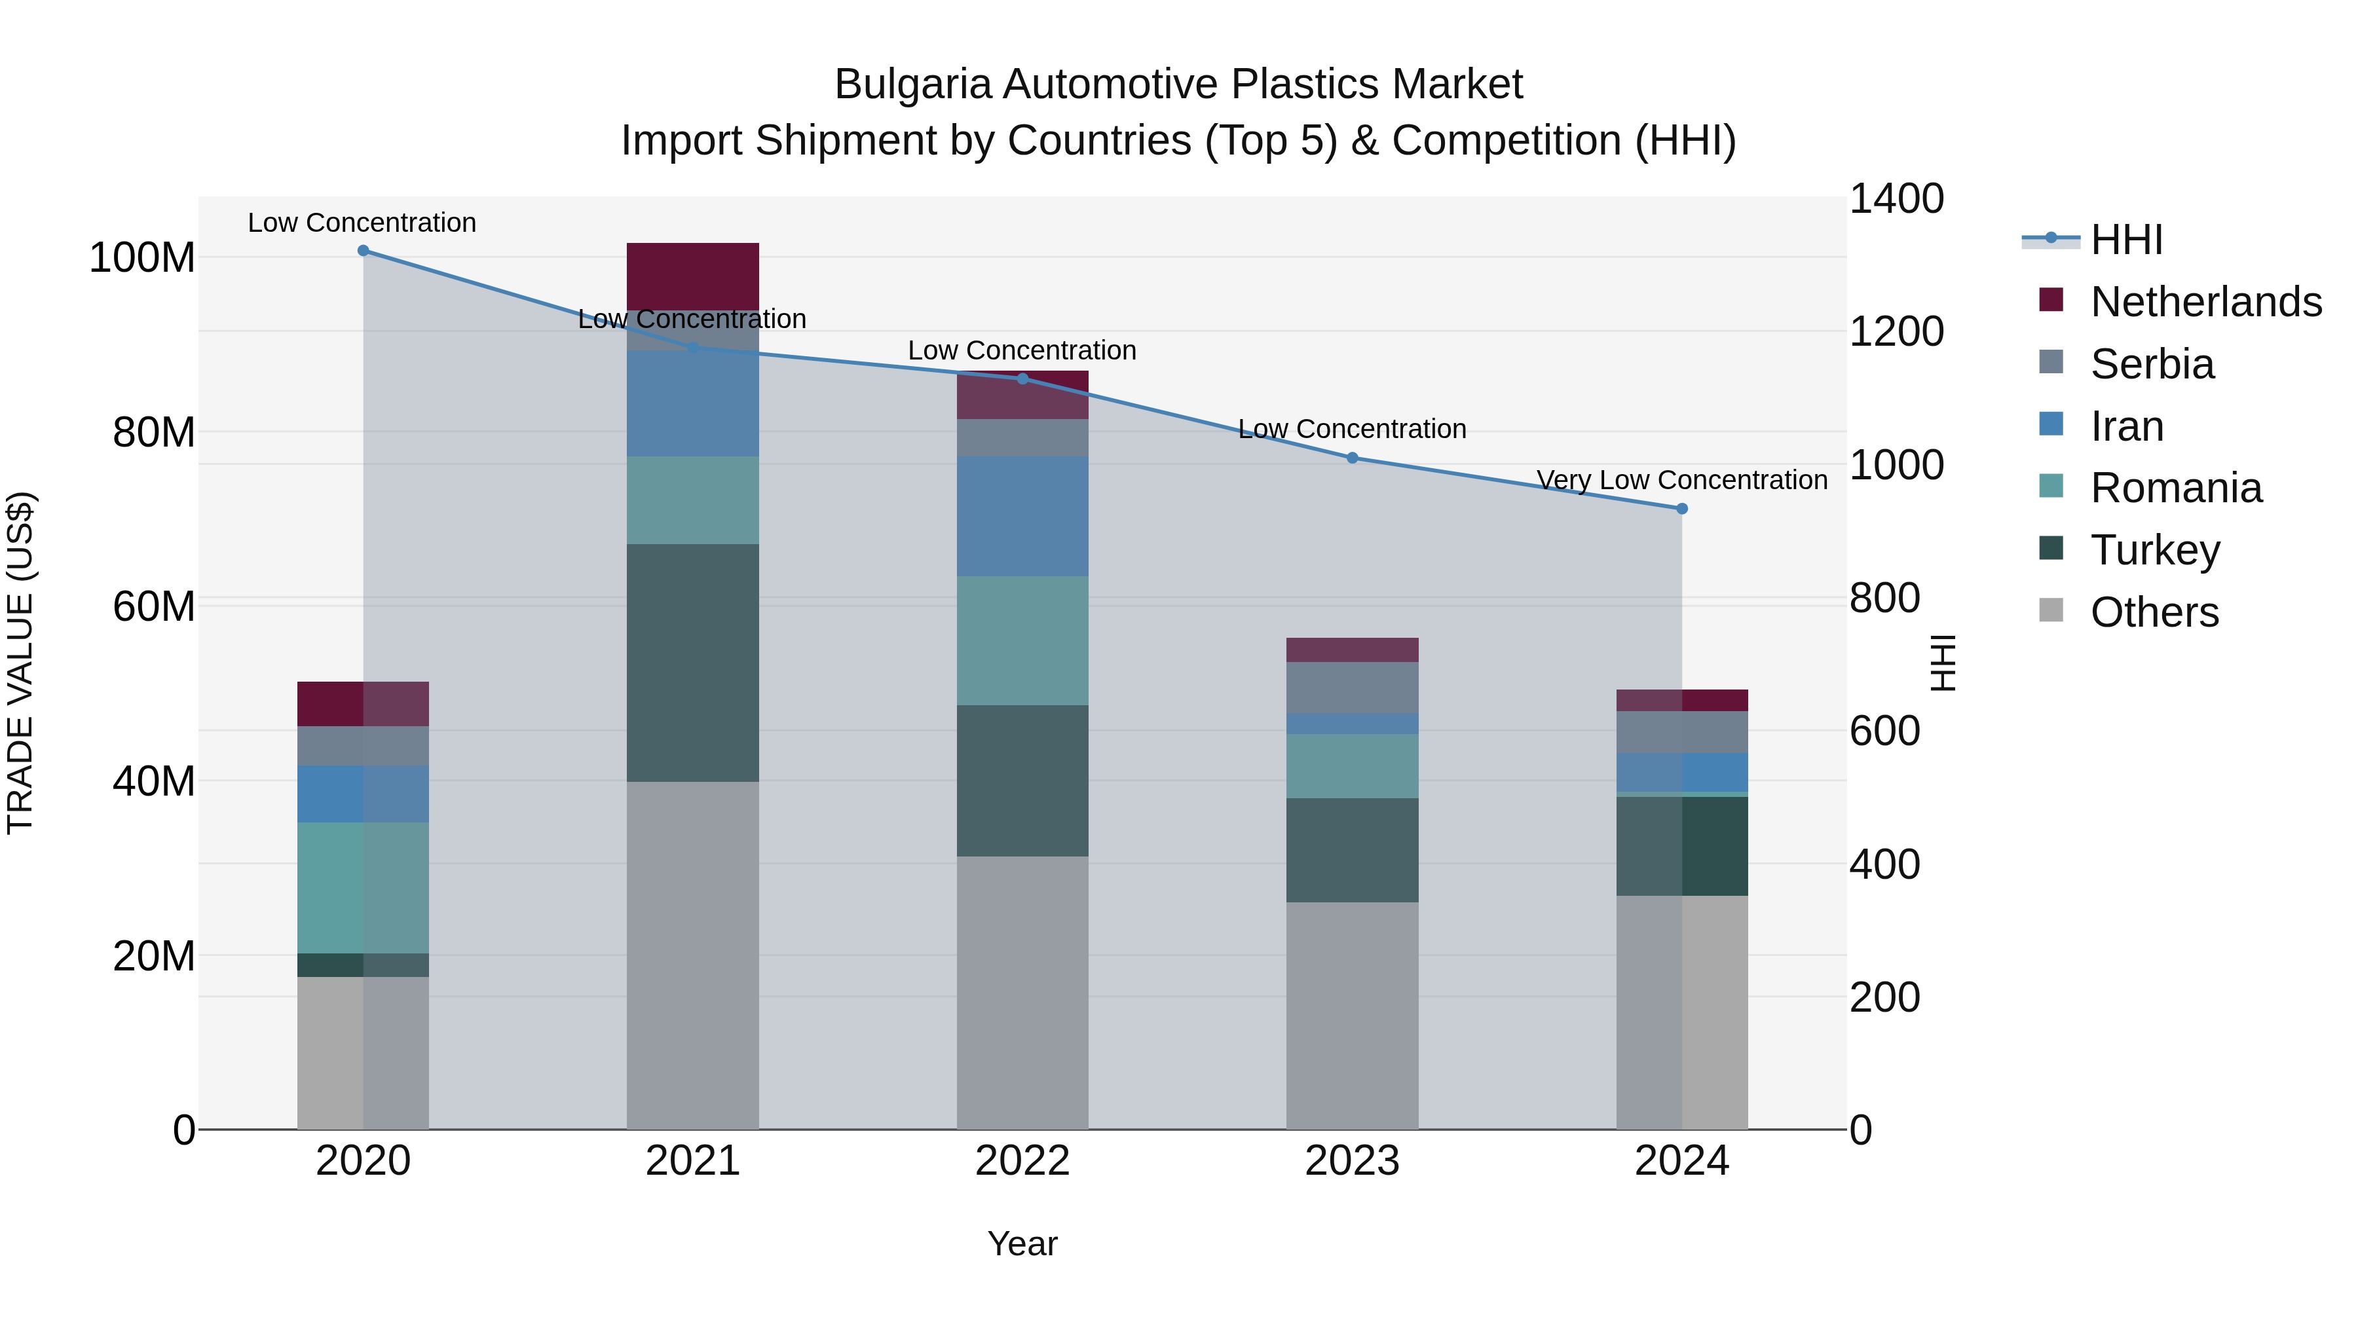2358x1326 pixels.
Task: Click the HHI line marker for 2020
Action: click(364, 251)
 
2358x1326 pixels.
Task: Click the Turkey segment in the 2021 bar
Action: click(693, 663)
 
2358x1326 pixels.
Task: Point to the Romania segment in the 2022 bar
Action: click(1022, 640)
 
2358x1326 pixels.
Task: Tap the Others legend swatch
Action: click(2051, 610)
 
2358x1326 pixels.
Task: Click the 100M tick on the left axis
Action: click(142, 258)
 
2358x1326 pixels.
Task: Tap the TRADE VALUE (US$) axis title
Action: click(20, 663)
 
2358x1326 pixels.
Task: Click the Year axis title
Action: click(1022, 1243)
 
